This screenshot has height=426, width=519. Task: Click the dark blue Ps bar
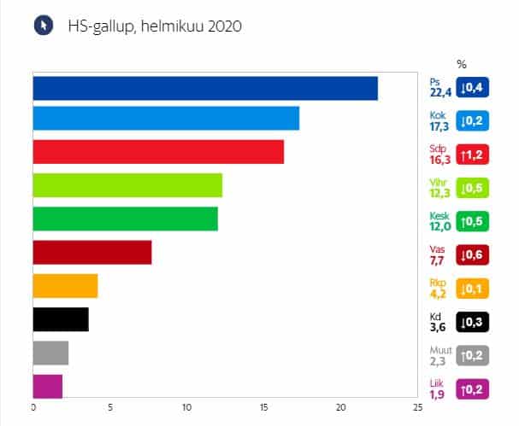205,88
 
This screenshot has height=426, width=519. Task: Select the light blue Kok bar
166,118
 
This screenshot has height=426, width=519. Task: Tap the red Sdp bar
158,151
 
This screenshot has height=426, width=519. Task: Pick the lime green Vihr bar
127,185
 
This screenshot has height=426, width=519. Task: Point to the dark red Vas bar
92,253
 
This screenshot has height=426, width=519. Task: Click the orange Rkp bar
65,286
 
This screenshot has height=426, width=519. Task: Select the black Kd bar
61,319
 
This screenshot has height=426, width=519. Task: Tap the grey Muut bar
50,353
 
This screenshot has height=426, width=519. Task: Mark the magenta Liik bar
48,386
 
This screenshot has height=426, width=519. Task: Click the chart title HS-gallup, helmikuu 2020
155,26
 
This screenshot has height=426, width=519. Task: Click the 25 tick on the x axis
416,408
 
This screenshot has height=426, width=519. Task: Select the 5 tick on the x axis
109,408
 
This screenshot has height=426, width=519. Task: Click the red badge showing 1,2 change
473,155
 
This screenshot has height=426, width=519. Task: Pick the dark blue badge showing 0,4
473,87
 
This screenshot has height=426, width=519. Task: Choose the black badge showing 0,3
473,322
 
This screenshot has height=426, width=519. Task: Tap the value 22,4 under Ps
440,92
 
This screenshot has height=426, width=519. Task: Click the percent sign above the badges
462,64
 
